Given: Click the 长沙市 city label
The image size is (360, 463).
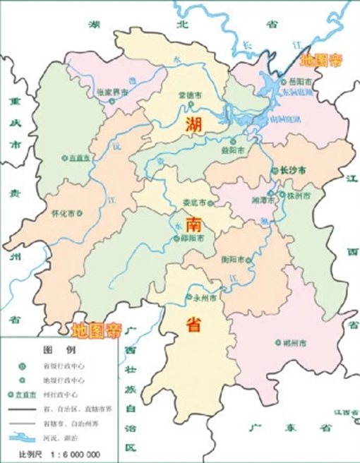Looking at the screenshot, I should (x=294, y=171).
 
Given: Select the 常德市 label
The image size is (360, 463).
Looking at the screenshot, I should (x=191, y=95).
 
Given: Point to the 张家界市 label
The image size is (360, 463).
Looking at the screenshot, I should (x=114, y=92).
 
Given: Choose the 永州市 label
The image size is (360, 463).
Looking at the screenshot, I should (x=210, y=298).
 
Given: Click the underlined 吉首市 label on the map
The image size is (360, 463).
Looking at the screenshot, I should (x=80, y=158).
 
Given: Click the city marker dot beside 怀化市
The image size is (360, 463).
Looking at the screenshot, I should (x=79, y=212).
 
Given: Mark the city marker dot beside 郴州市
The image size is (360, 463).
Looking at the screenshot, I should (x=276, y=343).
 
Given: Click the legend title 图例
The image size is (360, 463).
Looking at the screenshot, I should (x=54, y=350).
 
